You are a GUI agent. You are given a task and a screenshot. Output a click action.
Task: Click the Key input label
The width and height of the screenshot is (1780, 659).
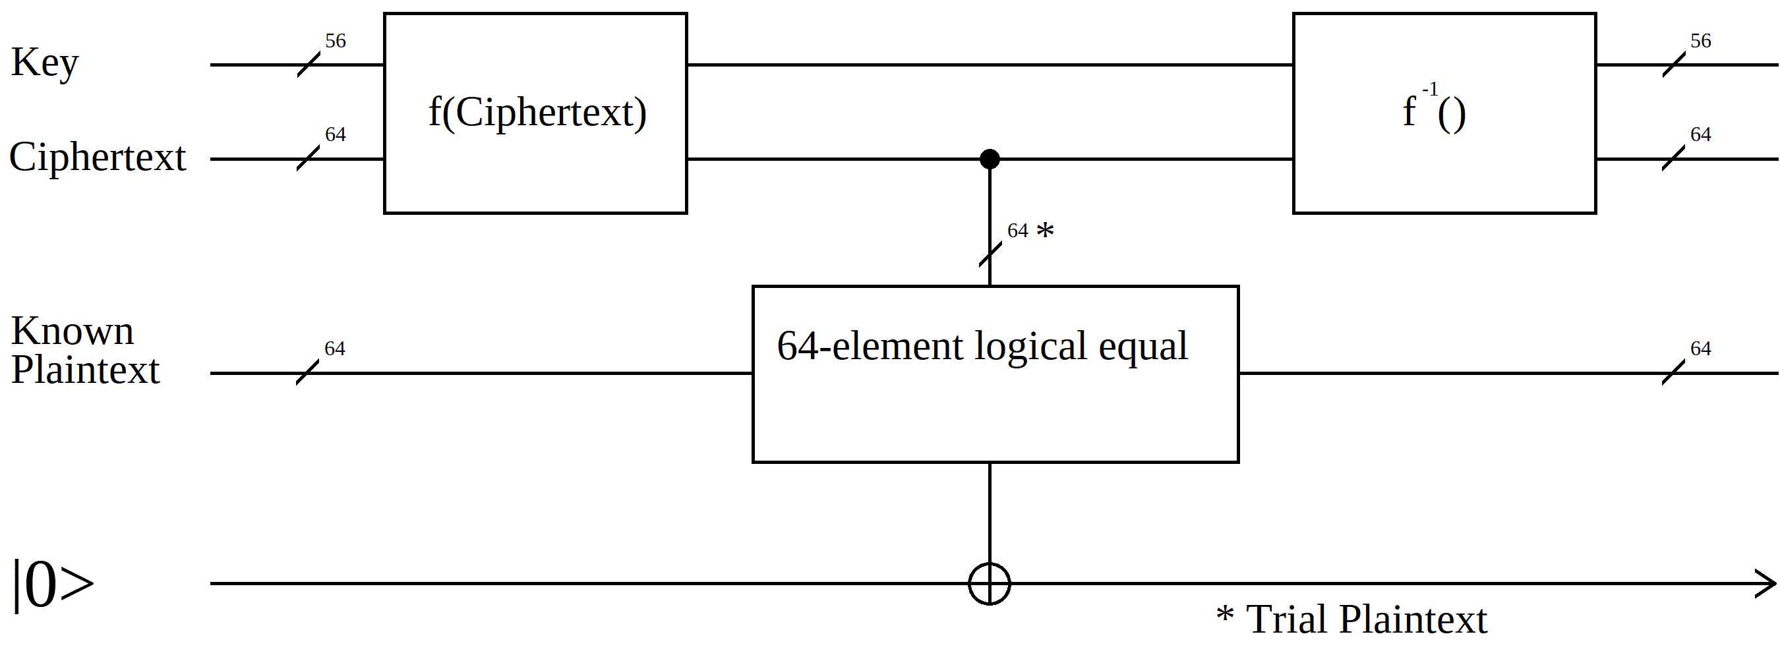[45, 63]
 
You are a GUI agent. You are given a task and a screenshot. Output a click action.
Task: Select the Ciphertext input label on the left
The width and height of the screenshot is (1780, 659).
[98, 158]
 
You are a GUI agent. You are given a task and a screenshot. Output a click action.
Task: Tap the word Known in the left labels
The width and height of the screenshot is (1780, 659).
[73, 331]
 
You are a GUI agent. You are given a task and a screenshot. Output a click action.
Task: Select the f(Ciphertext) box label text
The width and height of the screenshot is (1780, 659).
[537, 112]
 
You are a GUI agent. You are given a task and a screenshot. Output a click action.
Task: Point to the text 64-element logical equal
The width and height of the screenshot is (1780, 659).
[981, 345]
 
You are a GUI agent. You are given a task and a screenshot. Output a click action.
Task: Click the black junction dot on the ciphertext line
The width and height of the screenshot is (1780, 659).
[990, 159]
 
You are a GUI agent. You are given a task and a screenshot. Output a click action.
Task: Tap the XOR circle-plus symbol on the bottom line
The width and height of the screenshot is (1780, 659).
[990, 584]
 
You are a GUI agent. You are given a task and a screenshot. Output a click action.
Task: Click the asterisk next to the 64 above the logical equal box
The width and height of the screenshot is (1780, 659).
[1046, 230]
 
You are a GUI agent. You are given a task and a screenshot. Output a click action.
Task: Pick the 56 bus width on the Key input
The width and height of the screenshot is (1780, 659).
[335, 41]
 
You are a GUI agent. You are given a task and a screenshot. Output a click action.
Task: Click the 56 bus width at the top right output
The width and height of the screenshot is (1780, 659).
[1700, 41]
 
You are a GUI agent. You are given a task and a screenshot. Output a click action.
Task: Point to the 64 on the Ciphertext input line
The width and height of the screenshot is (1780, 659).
[335, 134]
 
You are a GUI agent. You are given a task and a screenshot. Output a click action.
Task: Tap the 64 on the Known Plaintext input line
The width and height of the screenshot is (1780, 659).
[334, 348]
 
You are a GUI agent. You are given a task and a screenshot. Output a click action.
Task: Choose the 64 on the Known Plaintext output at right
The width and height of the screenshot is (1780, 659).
[1700, 348]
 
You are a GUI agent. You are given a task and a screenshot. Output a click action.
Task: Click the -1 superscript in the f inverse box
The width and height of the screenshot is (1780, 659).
[1430, 90]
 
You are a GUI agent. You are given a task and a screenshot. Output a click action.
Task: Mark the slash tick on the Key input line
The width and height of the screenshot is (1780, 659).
[308, 65]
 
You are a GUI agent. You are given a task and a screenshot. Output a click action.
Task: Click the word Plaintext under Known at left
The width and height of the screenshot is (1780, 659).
[86, 370]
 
